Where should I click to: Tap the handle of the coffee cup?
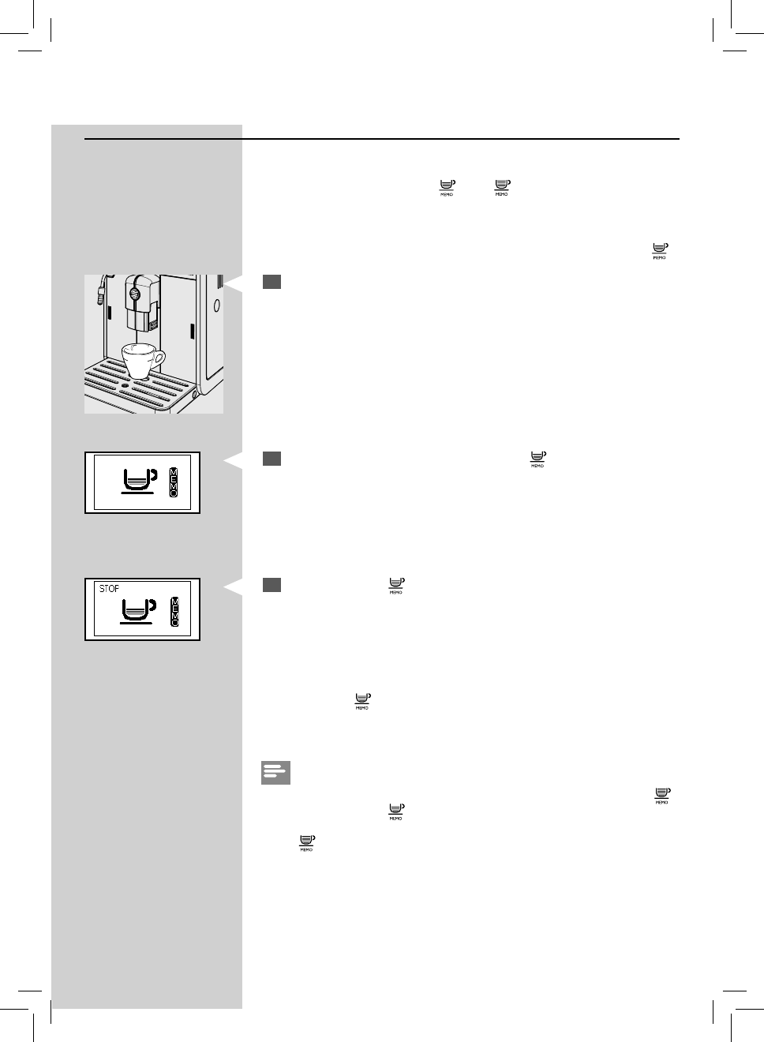pyautogui.click(x=160, y=360)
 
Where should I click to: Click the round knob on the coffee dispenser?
pyautogui.click(x=134, y=294)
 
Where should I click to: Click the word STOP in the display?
pyautogui.click(x=109, y=589)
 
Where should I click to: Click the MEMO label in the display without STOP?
pyautogui.click(x=175, y=482)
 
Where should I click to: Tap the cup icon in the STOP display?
pyautogui.click(x=137, y=609)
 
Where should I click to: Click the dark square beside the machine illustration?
pyautogui.click(x=272, y=282)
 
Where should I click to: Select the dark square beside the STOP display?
pyautogui.click(x=272, y=585)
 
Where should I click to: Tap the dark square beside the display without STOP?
pyautogui.click(x=272, y=458)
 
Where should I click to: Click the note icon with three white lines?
pyautogui.click(x=275, y=773)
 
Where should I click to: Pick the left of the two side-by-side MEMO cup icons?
pyautogui.click(x=447, y=188)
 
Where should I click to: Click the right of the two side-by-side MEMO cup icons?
pyautogui.click(x=502, y=188)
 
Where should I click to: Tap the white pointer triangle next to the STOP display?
pyautogui.click(x=232, y=587)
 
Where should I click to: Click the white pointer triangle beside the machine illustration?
pyautogui.click(x=232, y=283)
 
